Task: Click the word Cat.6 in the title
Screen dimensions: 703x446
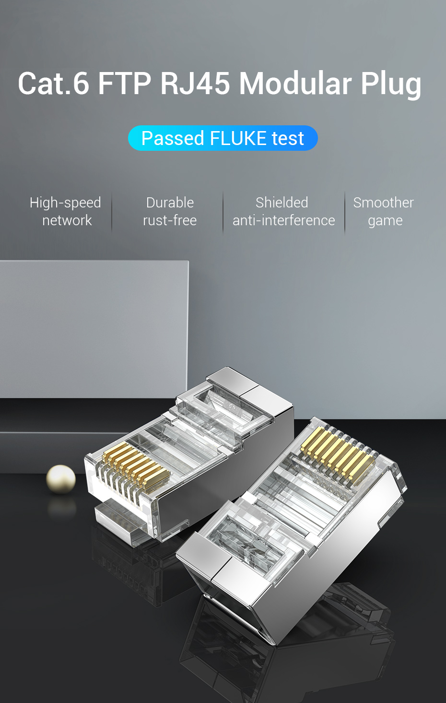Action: click(53, 83)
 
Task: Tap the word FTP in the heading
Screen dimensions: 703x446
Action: click(124, 83)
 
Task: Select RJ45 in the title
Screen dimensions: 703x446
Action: click(195, 83)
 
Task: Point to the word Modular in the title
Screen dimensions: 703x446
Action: click(295, 83)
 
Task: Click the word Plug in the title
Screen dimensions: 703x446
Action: click(391, 84)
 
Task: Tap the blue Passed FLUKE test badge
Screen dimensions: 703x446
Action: click(223, 138)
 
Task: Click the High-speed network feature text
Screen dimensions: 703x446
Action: click(66, 211)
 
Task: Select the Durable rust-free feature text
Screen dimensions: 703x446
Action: click(170, 211)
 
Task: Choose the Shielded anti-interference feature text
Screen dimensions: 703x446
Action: click(283, 211)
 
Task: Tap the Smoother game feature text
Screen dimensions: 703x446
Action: click(384, 211)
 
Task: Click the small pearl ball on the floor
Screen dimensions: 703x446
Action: click(61, 479)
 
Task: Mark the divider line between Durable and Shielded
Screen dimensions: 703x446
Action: click(223, 212)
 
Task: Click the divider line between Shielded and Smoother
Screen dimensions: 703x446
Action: click(345, 212)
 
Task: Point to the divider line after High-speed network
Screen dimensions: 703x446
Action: click(112, 212)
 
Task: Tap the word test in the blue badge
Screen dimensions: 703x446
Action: click(288, 138)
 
